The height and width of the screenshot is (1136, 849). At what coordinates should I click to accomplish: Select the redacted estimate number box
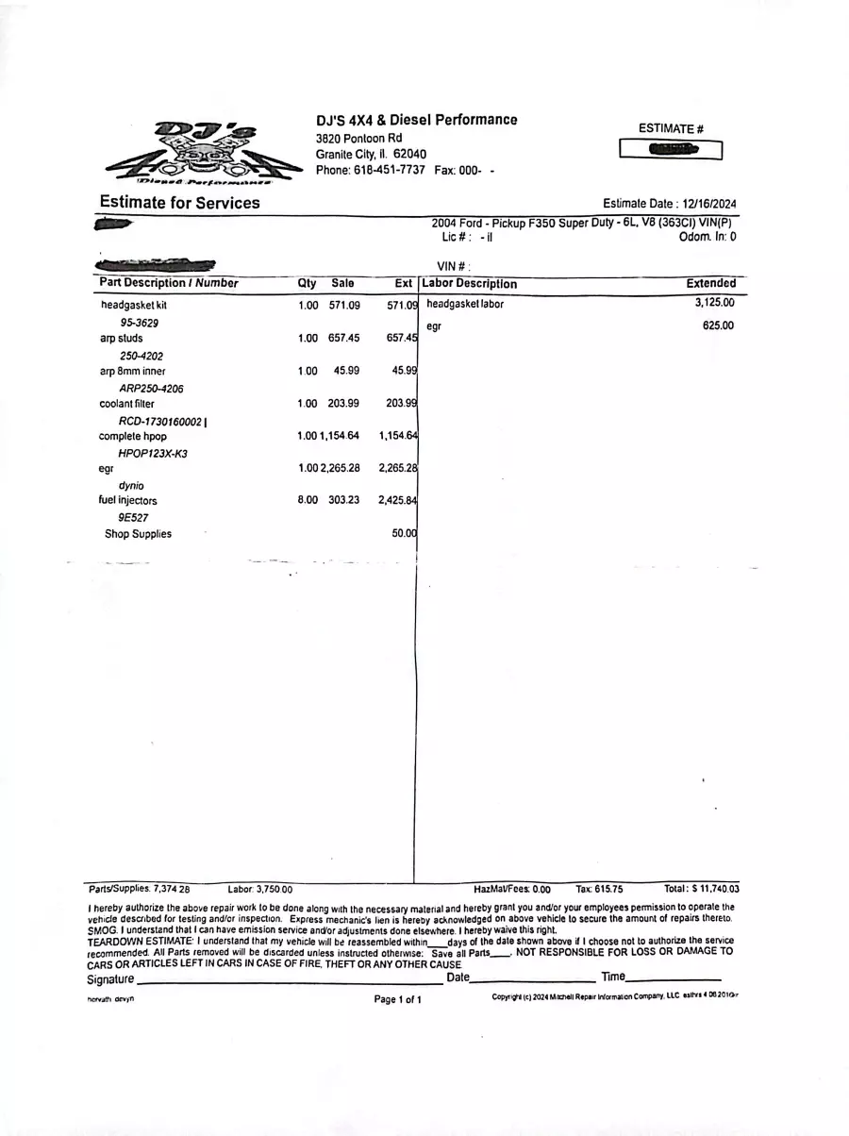coord(671,149)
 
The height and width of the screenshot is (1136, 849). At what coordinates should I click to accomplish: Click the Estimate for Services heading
coord(179,203)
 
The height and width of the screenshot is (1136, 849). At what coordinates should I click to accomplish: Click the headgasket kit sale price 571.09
coord(344,306)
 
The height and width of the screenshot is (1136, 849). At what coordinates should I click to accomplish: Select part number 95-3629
coord(139,323)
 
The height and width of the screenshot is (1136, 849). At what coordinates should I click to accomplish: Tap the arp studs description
coord(122,338)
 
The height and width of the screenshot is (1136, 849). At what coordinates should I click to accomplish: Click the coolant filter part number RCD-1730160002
coord(161,421)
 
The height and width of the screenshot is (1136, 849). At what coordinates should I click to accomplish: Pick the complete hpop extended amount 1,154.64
coord(398,436)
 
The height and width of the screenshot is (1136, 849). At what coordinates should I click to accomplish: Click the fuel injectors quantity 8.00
coord(308,500)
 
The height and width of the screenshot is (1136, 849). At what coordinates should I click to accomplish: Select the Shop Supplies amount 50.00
coord(404,534)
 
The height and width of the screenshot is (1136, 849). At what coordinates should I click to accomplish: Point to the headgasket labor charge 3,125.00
coord(714,303)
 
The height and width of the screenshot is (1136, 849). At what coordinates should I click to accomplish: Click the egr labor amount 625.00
coord(718,326)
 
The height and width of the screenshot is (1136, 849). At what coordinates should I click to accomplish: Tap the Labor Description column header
coord(470,283)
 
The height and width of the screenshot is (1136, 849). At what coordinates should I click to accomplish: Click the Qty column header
coord(308,283)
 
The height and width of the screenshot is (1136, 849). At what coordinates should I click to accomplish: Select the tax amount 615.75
coord(606,889)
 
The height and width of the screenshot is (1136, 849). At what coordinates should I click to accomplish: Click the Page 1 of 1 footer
coord(397,999)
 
